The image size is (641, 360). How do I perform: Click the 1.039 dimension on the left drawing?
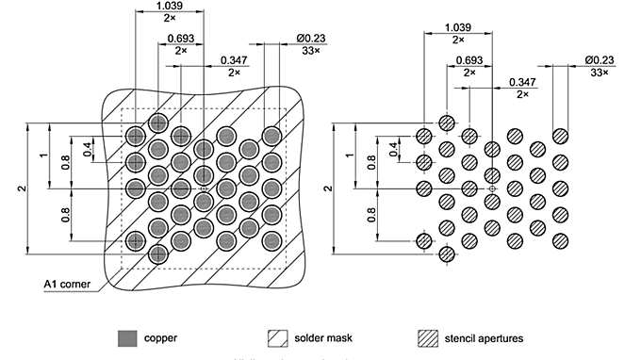pyautogui.click(x=169, y=7)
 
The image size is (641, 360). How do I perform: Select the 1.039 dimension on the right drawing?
pyautogui.click(x=458, y=26)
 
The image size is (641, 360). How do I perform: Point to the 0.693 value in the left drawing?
pyautogui.click(x=181, y=38)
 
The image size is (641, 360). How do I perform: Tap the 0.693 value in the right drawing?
pyautogui.click(x=470, y=58)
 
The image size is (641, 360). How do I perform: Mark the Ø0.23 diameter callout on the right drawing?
pyautogui.click(x=600, y=59)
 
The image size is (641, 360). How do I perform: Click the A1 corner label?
pyautogui.click(x=66, y=283)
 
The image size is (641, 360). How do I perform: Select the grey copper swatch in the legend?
pyautogui.click(x=126, y=337)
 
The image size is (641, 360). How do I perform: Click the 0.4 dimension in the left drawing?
pyautogui.click(x=88, y=150)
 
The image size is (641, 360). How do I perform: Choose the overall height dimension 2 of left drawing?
pyautogui.click(x=21, y=188)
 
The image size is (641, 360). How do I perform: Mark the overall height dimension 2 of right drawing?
pyautogui.click(x=328, y=188)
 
